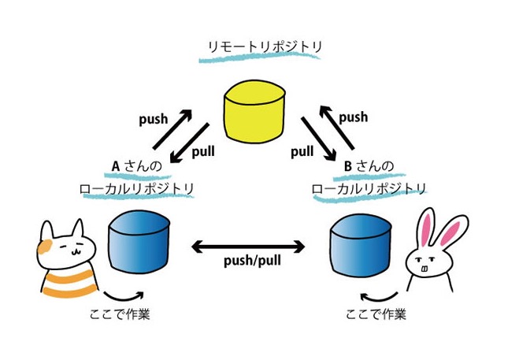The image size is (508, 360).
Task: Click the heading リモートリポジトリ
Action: coord(254,48)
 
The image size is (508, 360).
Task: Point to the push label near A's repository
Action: coord(152,120)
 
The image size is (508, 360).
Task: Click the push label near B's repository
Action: coord(353,117)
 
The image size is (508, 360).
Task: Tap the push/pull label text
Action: coord(250,260)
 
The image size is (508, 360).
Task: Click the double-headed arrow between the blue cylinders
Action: coord(250,247)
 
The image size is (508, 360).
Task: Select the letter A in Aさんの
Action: coord(115,166)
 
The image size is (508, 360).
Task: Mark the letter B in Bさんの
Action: coord(347,166)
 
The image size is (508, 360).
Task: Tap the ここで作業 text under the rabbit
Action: coord(376,314)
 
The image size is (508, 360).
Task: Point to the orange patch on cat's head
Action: coord(46,245)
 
